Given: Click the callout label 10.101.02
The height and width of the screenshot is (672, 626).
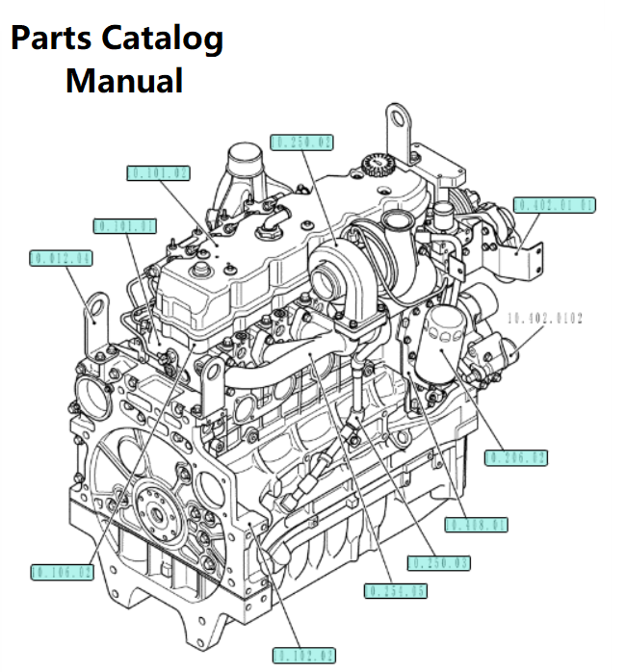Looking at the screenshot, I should [x=159, y=173].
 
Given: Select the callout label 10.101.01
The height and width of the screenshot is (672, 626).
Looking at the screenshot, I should [x=125, y=226].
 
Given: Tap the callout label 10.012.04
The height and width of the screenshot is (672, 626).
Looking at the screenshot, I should [x=61, y=258].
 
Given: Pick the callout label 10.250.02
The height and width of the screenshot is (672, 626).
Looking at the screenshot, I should [x=301, y=142].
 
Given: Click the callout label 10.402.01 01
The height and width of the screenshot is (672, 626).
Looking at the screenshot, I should [x=555, y=205].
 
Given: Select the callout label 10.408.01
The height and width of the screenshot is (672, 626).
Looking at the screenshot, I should [x=477, y=525].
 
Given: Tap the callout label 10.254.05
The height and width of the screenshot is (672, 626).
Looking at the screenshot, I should [x=395, y=589].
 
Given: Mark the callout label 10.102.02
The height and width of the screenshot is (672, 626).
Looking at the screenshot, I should [x=303, y=656].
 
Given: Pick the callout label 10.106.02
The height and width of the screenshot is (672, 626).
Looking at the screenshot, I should [x=63, y=572].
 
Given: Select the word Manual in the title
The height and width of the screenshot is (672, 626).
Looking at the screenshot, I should [x=124, y=80].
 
